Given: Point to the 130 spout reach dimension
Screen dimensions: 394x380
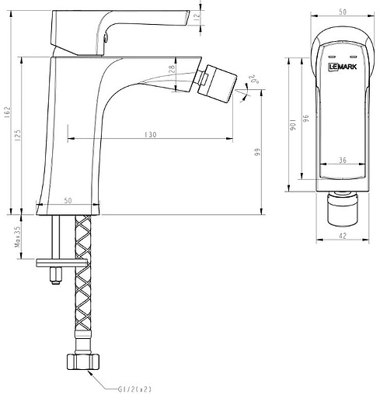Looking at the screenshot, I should pyautogui.click(x=150, y=135).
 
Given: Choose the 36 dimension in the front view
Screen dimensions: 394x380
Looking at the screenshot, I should pyautogui.click(x=343, y=161).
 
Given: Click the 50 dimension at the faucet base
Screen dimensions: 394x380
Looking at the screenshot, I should pyautogui.click(x=68, y=201).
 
